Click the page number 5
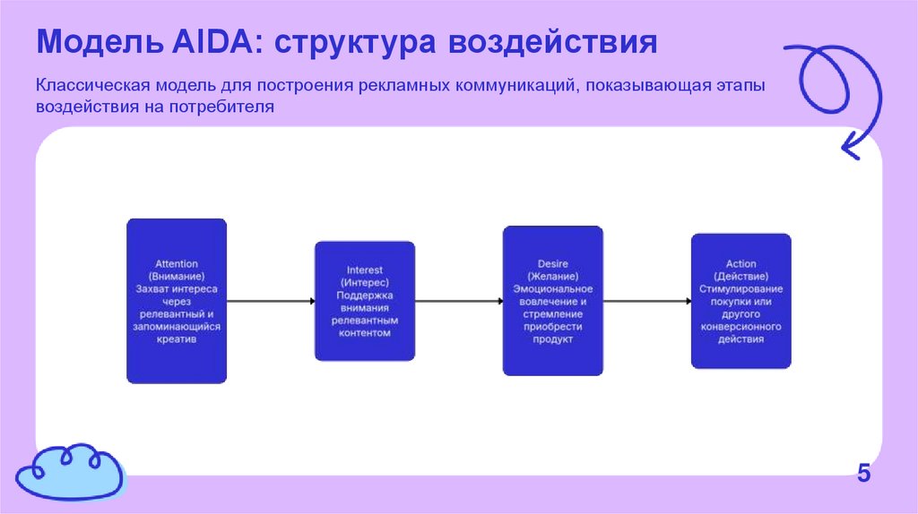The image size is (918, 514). tap(863, 474)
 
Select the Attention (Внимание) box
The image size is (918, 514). tap(177, 301)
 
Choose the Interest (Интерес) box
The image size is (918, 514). tap(365, 301)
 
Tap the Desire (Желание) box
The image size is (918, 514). tap(552, 301)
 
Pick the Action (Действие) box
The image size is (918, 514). tap(740, 301)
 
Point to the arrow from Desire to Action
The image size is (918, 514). tap(646, 302)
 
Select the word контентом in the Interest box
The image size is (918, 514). tap(365, 333)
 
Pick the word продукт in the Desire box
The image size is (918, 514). tap(552, 340)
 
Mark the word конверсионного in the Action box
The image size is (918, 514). tap(740, 327)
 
